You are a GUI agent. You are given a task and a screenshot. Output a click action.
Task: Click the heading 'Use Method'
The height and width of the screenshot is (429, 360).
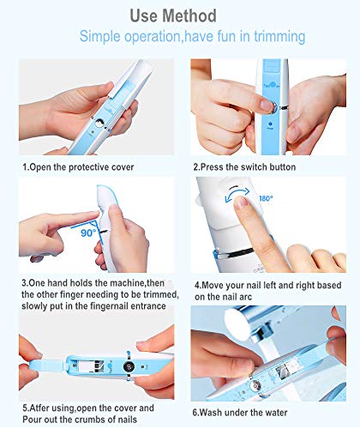pos(173,15)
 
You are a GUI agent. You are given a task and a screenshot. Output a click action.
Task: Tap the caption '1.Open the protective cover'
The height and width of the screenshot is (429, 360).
pos(78,167)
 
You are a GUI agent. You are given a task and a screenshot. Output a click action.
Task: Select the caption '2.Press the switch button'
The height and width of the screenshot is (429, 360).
pos(244,166)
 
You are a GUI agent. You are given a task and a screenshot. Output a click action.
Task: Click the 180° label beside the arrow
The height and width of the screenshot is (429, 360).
pos(266,198)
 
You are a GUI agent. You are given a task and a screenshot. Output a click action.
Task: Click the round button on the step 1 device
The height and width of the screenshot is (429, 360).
pos(99,124)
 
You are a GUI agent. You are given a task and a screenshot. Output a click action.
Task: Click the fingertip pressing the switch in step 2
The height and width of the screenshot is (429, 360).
pos(267,106)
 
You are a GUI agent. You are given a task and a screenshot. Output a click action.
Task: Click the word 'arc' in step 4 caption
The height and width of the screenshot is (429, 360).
pos(246,297)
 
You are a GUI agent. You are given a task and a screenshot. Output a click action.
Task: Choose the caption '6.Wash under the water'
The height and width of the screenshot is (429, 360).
pos(240,413)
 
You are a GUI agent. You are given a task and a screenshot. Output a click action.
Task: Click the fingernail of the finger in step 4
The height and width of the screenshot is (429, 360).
pos(241,202)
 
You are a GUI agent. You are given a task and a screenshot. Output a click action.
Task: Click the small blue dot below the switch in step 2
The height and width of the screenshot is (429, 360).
pos(270,124)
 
